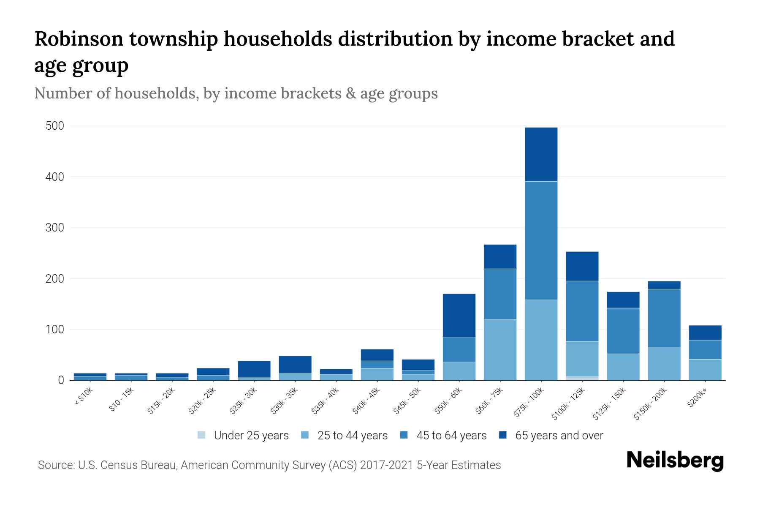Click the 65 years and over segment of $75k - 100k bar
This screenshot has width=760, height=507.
541,154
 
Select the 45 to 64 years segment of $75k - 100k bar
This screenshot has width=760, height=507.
541,240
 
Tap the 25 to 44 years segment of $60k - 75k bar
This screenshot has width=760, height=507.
500,350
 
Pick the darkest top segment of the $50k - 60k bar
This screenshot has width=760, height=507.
459,315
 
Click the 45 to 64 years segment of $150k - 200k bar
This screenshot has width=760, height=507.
664,318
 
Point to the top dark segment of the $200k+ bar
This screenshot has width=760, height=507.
705,333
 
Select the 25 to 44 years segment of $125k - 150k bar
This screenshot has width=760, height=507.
623,367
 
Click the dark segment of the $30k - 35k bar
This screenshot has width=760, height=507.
295,365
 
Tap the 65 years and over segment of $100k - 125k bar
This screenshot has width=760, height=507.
582,266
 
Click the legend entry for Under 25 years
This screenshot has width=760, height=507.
243,435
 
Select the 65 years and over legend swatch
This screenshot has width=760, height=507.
502,435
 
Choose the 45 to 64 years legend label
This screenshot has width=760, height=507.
451,435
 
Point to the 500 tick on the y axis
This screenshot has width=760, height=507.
55,126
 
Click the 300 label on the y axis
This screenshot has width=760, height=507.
55,228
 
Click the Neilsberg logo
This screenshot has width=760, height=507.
675,460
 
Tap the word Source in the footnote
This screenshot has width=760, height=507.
55,465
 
